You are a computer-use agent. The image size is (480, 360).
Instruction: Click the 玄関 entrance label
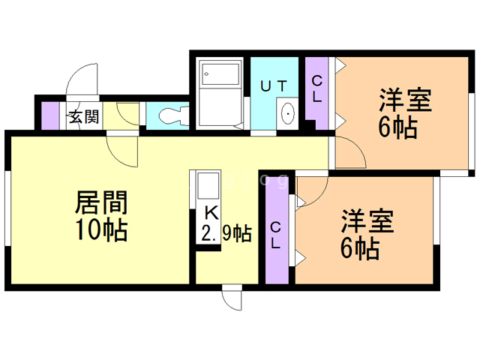[84, 117]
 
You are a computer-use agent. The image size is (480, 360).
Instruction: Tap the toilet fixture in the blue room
[173, 115]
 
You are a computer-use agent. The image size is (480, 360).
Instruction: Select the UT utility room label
[274, 86]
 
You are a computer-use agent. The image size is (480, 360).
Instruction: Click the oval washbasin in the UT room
[288, 113]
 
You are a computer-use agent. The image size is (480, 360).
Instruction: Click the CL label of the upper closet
[316, 89]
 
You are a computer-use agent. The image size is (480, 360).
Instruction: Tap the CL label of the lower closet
[275, 235]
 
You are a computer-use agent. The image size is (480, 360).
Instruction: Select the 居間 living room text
[101, 202]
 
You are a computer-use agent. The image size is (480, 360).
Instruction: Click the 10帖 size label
[101, 230]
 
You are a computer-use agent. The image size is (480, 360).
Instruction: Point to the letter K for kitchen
[211, 213]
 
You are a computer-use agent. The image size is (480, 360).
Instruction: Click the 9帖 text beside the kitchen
[237, 234]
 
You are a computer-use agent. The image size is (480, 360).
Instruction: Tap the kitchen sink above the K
[208, 186]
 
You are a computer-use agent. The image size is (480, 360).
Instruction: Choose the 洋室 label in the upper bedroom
[405, 100]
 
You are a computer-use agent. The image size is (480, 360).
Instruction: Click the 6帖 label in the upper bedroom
[398, 127]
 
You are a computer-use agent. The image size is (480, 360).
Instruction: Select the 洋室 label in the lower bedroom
[367, 220]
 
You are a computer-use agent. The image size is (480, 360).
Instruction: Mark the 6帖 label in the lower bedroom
[360, 248]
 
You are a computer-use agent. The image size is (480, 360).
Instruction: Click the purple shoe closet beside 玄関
[50, 115]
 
